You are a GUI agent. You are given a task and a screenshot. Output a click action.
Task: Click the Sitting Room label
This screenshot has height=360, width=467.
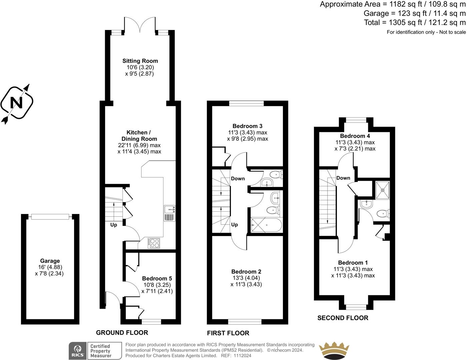(x=140, y=61)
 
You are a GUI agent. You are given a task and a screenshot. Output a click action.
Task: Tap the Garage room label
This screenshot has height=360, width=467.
(x=50, y=261)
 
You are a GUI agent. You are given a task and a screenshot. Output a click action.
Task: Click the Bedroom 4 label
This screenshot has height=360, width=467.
(x=355, y=136)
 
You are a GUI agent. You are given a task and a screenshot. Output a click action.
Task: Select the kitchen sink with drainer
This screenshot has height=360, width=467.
(x=169, y=213)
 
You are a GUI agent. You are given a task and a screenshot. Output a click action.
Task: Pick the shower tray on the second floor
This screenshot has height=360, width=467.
(x=381, y=189)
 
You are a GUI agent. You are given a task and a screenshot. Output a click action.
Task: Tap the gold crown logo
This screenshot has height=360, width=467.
(x=335, y=350)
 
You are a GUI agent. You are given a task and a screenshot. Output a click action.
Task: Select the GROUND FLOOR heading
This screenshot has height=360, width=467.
(x=122, y=333)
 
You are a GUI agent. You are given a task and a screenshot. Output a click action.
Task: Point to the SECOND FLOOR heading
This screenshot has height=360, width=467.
(x=343, y=318)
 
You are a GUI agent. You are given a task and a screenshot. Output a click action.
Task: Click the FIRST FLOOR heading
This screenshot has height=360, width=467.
(x=228, y=333)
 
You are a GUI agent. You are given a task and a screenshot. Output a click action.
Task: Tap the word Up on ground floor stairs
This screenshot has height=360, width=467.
(x=114, y=225)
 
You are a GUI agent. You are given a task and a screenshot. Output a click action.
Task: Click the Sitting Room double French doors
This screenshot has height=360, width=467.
(x=140, y=25)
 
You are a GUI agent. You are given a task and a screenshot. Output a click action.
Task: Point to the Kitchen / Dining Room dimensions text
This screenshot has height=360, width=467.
(x=139, y=148)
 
